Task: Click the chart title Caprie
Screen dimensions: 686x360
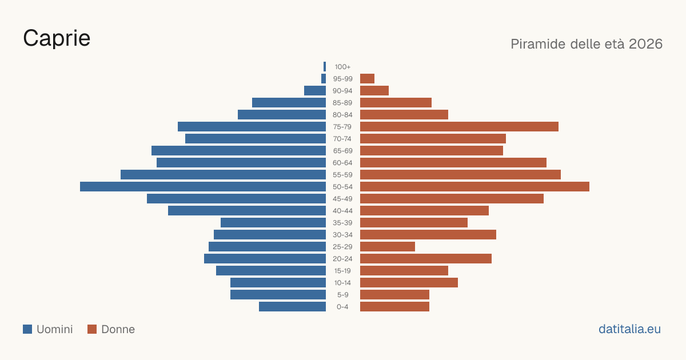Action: pos(57,38)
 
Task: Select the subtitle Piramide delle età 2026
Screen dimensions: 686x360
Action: pos(587,44)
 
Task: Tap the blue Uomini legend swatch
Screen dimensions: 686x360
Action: pos(27,329)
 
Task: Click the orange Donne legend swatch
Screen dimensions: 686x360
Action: pos(92,329)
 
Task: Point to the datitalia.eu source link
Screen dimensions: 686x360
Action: pos(629,329)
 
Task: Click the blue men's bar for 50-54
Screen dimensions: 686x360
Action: pos(203,187)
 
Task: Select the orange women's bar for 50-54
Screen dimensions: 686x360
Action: pos(474,187)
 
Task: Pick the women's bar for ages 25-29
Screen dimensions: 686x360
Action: pos(388,247)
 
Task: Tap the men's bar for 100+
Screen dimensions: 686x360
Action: pos(325,67)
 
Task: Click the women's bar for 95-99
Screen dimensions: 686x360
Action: pos(367,79)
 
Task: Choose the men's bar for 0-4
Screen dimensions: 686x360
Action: pos(293,307)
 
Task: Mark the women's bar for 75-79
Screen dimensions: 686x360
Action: pos(460,127)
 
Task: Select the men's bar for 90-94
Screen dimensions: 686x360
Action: pos(315,91)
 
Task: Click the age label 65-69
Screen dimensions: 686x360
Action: pos(342,151)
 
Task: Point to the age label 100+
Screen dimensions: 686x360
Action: pos(342,67)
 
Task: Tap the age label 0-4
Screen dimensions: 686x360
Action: pos(342,307)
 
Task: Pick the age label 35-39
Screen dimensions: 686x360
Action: pos(342,223)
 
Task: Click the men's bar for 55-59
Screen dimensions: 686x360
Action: pos(224,175)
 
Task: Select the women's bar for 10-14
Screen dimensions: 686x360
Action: pos(409,283)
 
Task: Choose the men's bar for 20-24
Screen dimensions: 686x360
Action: pos(265,259)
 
